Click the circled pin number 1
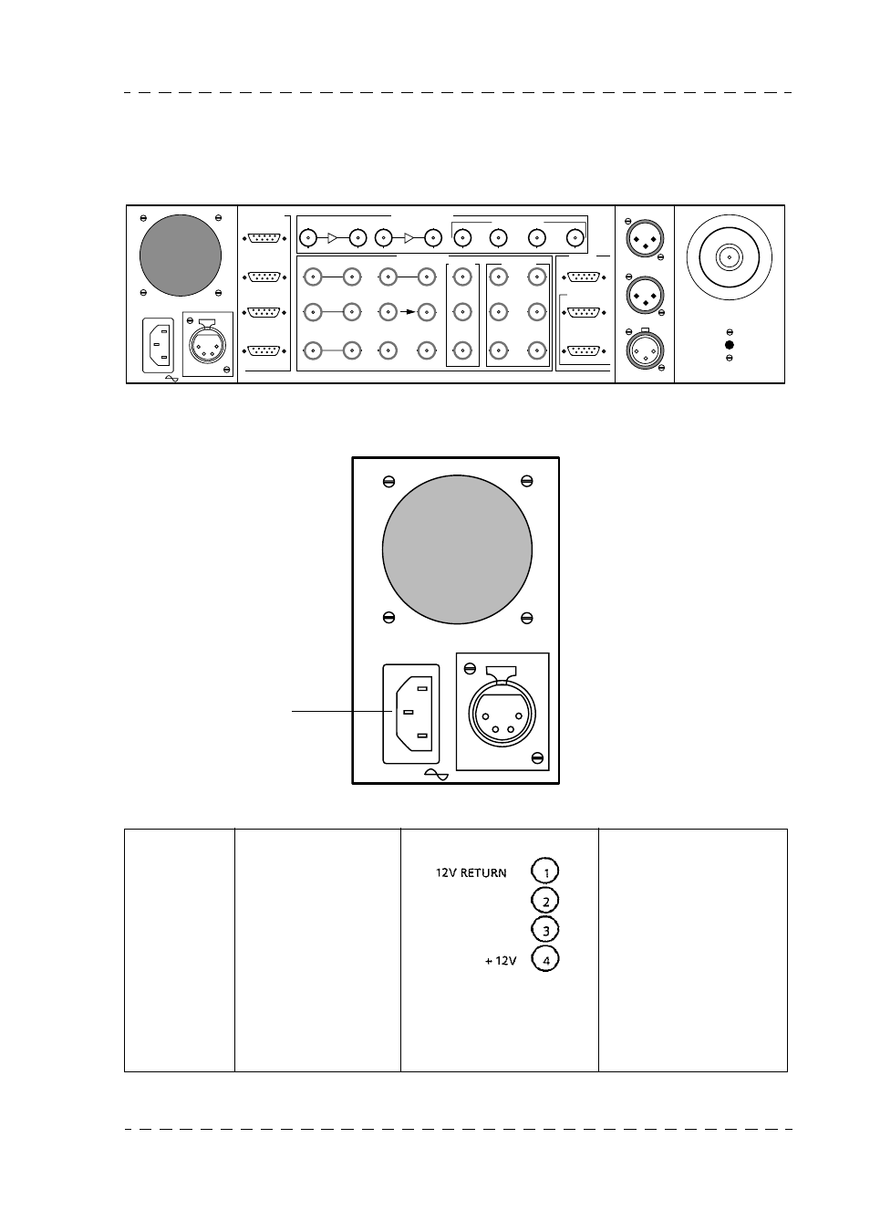tap(544, 872)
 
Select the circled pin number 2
tap(544, 902)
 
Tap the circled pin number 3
tap(544, 931)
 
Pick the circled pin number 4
tap(544, 960)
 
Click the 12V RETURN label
tap(471, 873)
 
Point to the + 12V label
tap(501, 961)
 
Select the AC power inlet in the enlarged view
tap(410, 713)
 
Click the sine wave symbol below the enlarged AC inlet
tap(437, 775)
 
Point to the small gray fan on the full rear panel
tap(181, 255)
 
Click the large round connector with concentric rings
tap(729, 257)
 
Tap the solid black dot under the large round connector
tap(729, 345)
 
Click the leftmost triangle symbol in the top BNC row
tap(333, 239)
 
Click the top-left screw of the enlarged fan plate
tap(388, 481)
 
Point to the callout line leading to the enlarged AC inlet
tap(337, 711)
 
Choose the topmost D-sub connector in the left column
tap(265, 239)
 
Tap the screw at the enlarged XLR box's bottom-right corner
tap(537, 757)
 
